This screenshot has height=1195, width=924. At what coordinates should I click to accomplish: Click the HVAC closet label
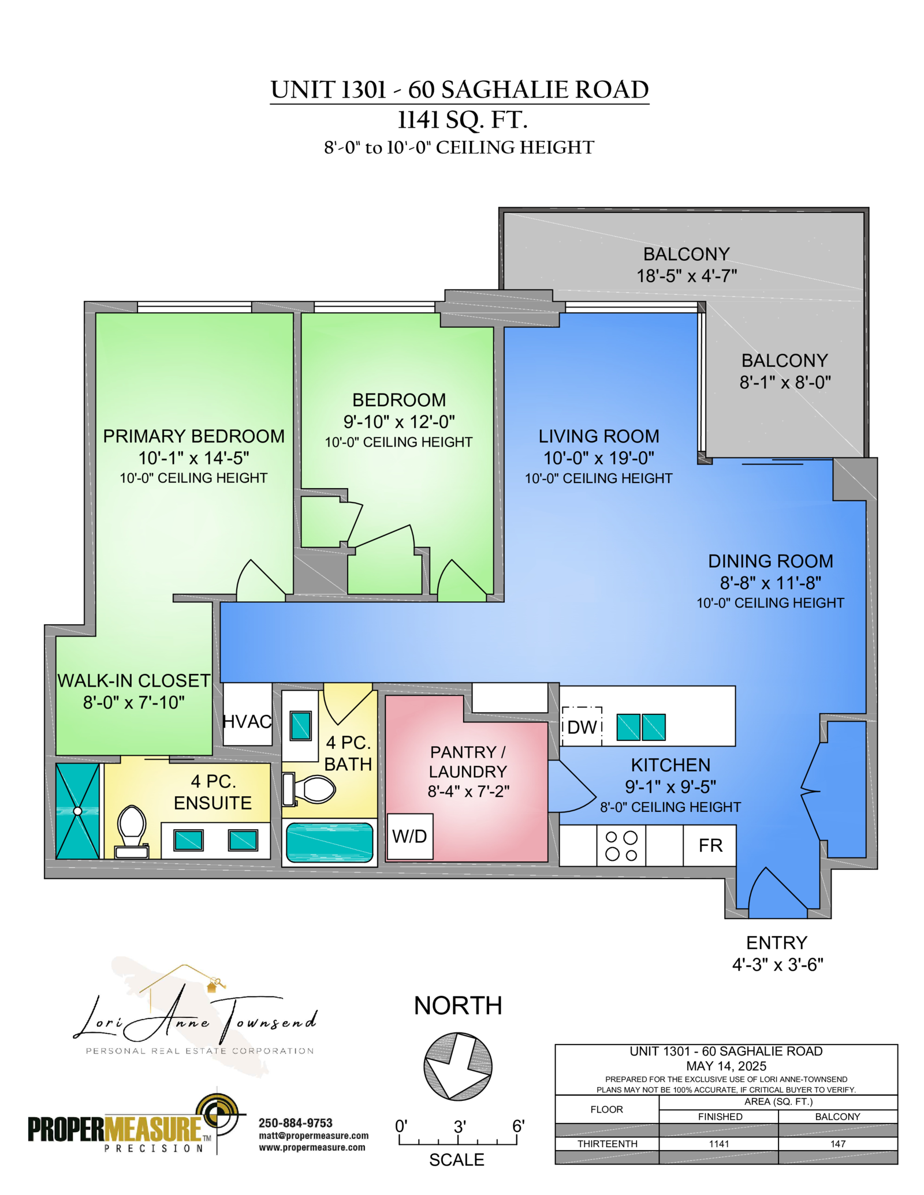pyautogui.click(x=247, y=721)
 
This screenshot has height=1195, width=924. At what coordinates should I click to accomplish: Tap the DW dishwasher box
pyautogui.click(x=582, y=726)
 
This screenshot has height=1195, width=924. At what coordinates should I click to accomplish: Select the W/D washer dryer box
pyautogui.click(x=409, y=837)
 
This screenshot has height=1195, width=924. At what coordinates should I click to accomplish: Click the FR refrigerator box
pyautogui.click(x=710, y=845)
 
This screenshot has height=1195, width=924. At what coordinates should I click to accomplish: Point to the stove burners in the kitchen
pyautogui.click(x=621, y=846)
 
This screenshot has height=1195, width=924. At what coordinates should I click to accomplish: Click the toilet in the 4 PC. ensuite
pyautogui.click(x=132, y=831)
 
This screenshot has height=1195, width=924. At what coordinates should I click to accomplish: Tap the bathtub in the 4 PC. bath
pyautogui.click(x=330, y=842)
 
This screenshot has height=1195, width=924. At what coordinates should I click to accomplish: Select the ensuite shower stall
pyautogui.click(x=77, y=811)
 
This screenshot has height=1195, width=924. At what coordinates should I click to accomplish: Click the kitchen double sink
pyautogui.click(x=641, y=727)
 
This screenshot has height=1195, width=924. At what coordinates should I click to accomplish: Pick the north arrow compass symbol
pyautogui.click(x=458, y=1066)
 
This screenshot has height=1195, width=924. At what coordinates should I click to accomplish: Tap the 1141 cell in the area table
pyautogui.click(x=719, y=1144)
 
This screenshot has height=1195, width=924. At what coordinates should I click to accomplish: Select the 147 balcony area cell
pyautogui.click(x=838, y=1144)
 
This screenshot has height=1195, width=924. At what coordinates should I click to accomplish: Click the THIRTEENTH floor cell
pyautogui.click(x=607, y=1144)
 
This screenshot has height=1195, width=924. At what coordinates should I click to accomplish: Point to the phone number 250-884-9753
pyautogui.click(x=296, y=1123)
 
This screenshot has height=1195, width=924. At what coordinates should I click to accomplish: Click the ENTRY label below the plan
pyautogui.click(x=776, y=943)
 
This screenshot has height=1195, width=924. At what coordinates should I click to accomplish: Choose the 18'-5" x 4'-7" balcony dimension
pyautogui.click(x=687, y=276)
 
